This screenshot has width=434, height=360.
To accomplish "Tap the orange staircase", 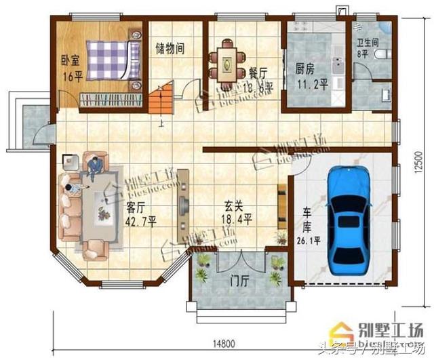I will click(162, 102).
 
